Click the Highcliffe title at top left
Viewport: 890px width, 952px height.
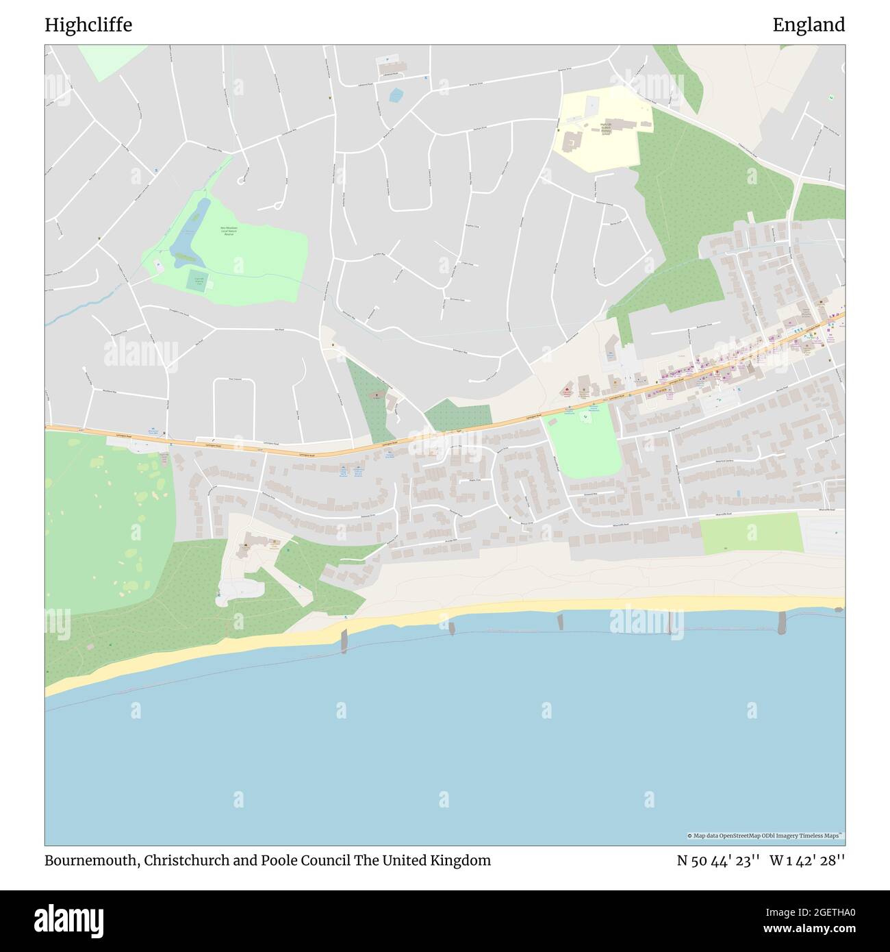[x=88, y=25]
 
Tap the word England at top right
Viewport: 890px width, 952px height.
[x=809, y=25]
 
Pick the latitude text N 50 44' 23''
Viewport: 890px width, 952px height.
[x=718, y=861]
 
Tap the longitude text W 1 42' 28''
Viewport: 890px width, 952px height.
[x=807, y=861]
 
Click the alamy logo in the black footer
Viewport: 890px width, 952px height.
[x=68, y=920]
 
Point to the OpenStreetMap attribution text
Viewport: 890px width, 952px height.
[x=765, y=836]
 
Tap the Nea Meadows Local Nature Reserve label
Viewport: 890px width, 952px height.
[x=228, y=231]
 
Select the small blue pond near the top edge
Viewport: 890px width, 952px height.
[x=396, y=95]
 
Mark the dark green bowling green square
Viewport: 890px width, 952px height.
[x=199, y=279]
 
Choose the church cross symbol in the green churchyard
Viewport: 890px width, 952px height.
[x=374, y=395]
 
